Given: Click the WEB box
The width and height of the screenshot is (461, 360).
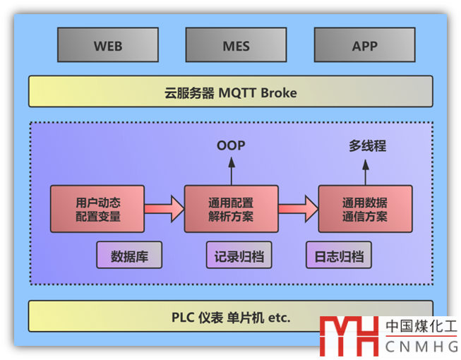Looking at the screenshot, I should tap(108, 46).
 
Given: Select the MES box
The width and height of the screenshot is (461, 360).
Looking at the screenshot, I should tap(236, 46).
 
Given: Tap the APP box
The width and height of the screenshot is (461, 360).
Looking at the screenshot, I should tap(364, 46).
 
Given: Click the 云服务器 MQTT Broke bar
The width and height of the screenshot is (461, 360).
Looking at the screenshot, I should tap(230, 92).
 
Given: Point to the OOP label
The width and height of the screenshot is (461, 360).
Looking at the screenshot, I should tap(230, 146).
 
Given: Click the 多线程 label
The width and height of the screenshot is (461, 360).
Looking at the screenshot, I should tap(367, 146).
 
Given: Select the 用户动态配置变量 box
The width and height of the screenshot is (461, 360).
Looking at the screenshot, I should tap(97, 209).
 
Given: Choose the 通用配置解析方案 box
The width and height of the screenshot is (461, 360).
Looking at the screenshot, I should tap(231, 209).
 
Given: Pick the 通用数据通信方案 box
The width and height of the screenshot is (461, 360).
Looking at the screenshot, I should tap(365, 209).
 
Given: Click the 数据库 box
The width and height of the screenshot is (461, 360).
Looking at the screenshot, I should tap(129, 256).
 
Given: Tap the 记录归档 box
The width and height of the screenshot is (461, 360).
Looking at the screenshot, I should tap(239, 256).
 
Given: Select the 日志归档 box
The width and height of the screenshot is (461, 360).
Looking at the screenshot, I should tap(339, 256).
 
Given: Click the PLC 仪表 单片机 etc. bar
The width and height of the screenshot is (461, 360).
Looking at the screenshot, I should tap(230, 317).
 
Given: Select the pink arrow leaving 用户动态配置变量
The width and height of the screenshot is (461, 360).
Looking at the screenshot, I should tap(164, 209).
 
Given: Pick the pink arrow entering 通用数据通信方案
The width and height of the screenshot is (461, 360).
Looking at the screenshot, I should tap(298, 209).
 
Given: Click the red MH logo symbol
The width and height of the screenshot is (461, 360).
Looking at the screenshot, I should tap(349, 336).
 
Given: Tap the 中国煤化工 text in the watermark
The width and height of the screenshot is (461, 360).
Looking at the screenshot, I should tap(421, 327).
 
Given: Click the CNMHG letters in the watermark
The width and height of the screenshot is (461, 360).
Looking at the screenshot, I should tap(421, 347).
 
